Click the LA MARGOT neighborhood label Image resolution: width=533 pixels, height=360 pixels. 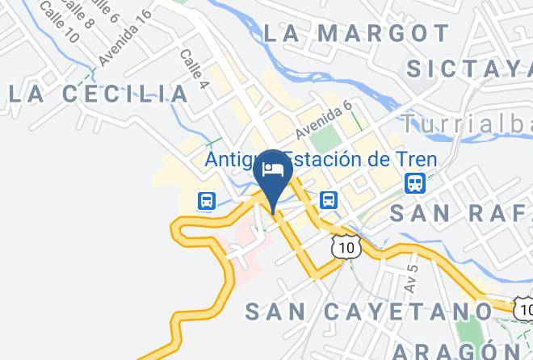356,33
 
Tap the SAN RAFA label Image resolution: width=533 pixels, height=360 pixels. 460,213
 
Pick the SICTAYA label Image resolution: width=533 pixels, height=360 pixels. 469,69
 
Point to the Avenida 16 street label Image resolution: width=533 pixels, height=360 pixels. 124,38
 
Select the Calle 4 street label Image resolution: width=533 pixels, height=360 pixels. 194,70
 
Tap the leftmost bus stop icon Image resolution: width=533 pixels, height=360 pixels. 207,200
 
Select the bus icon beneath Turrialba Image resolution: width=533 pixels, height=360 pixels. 415,183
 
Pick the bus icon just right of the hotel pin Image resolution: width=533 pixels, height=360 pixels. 328,199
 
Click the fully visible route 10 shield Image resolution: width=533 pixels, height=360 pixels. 346,247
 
